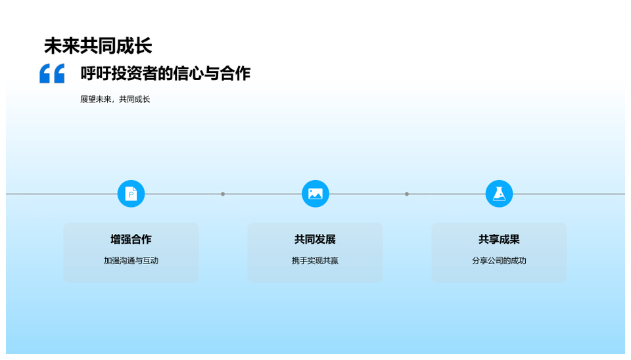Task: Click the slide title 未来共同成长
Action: click(x=98, y=46)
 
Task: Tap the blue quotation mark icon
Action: click(x=52, y=73)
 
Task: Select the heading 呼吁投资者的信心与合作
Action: click(x=166, y=73)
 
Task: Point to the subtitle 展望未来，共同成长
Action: click(x=115, y=99)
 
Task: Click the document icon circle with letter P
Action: click(x=131, y=194)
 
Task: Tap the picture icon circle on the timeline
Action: click(x=315, y=194)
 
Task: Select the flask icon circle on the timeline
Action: click(x=499, y=194)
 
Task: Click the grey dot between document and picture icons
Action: click(x=223, y=194)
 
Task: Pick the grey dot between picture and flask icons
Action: click(x=407, y=194)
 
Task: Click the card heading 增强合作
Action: click(x=131, y=239)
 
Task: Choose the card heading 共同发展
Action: click(x=315, y=239)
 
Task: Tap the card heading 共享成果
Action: click(x=499, y=239)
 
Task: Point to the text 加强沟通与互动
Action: click(x=131, y=261)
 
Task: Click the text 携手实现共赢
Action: click(x=315, y=261)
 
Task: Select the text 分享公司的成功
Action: click(x=499, y=261)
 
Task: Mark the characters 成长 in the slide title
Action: click(x=134, y=46)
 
